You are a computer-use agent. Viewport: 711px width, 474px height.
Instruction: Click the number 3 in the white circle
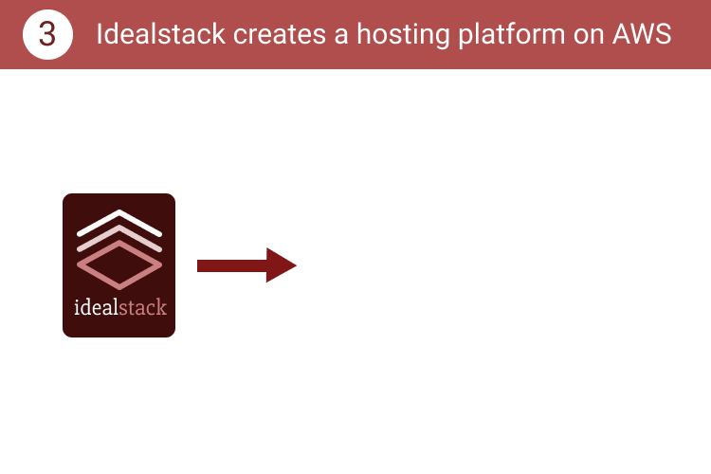(47, 34)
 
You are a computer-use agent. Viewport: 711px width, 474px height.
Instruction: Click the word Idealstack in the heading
(161, 34)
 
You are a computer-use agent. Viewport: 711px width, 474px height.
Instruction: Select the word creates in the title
(280, 34)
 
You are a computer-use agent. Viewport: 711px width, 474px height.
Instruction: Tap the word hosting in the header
(403, 35)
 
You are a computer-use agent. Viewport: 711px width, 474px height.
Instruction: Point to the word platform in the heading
(512, 35)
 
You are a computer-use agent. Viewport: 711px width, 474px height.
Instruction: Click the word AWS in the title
(642, 34)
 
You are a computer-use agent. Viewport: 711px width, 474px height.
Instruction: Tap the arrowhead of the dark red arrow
(282, 265)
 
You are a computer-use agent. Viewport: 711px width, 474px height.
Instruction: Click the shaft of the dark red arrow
(231, 265)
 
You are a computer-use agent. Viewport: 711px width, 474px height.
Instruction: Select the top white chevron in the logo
(119, 222)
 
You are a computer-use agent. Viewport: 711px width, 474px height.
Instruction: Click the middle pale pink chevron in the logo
(119, 237)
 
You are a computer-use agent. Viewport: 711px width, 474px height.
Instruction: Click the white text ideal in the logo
(96, 307)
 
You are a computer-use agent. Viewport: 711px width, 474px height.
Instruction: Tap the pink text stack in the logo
(143, 307)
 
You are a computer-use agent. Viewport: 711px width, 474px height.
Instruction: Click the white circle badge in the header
(47, 34)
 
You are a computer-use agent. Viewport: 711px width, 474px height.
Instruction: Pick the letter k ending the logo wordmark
(161, 307)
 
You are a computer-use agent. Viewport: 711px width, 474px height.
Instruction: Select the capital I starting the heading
(100, 34)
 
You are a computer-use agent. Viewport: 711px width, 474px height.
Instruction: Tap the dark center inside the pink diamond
(119, 264)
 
